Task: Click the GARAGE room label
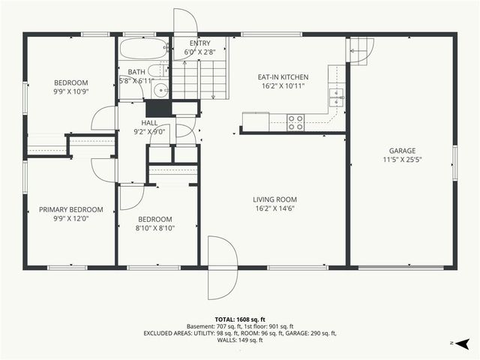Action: pyautogui.click(x=401, y=150)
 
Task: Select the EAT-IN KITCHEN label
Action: pyautogui.click(x=283, y=77)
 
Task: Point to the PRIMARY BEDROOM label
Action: pyautogui.click(x=71, y=210)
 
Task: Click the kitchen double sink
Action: pyautogui.click(x=337, y=96)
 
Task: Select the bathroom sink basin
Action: pyautogui.click(x=160, y=91)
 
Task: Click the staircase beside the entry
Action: pyautogui.click(x=199, y=79)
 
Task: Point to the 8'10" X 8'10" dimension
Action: pyautogui.click(x=155, y=229)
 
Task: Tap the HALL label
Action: pyautogui.click(x=149, y=122)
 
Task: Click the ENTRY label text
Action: pyautogui.click(x=199, y=43)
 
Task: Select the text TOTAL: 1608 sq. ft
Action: pyautogui.click(x=239, y=318)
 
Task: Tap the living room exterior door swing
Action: pyautogui.click(x=222, y=266)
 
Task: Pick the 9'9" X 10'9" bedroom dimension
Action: pyautogui.click(x=71, y=92)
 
